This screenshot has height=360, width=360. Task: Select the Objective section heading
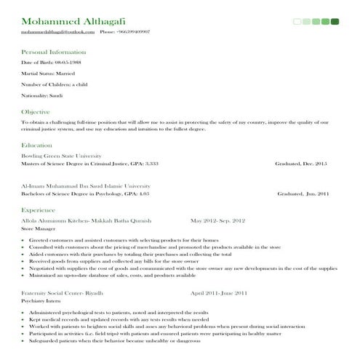coord(36,112)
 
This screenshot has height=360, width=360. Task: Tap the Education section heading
coord(37,145)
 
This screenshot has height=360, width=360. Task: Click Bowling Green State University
coord(61,156)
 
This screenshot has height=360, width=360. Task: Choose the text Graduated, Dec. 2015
coord(301,164)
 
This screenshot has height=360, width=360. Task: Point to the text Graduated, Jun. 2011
coord(303,194)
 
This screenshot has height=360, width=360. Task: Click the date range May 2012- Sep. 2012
coord(218,220)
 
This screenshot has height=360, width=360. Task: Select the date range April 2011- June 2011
coord(219,292)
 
